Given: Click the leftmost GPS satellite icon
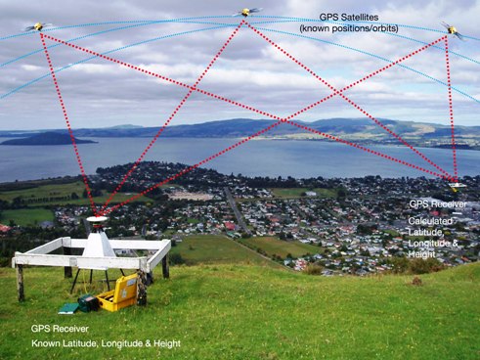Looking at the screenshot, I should [38, 26].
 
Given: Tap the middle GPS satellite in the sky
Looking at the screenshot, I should [247, 13].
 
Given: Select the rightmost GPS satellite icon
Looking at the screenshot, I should [450, 30].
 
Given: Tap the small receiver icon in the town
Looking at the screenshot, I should [456, 186].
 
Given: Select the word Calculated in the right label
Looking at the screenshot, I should [430, 222].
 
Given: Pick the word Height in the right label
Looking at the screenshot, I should [424, 254].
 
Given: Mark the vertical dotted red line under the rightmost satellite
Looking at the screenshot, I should [451, 108].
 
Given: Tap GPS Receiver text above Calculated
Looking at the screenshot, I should [437, 203].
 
